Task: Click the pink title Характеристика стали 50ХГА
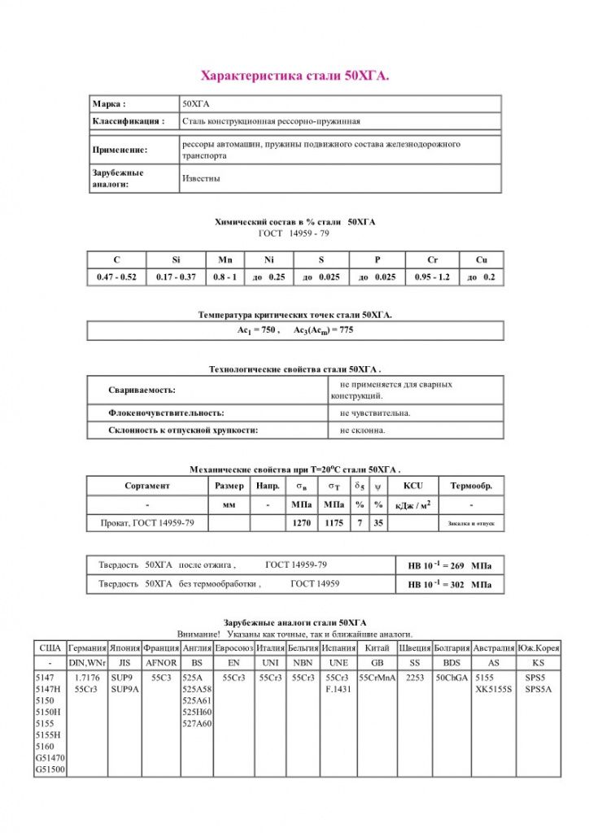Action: (294, 76)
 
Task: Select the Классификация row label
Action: (129, 121)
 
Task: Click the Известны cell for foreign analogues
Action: (201, 178)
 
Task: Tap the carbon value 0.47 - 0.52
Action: (116, 277)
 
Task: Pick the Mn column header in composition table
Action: (225, 259)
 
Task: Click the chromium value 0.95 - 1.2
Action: (432, 277)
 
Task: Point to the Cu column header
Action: (481, 259)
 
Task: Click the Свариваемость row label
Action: (142, 390)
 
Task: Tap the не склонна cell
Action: (363, 430)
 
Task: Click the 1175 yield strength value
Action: (334, 523)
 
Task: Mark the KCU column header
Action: (412, 486)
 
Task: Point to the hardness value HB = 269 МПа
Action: (449, 565)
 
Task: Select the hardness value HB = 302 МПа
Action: (449, 584)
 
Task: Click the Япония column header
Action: (124, 648)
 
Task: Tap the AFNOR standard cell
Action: (160, 662)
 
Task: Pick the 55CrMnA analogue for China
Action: (377, 678)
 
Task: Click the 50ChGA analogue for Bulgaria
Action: (451, 678)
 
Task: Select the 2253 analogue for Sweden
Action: (415, 678)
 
